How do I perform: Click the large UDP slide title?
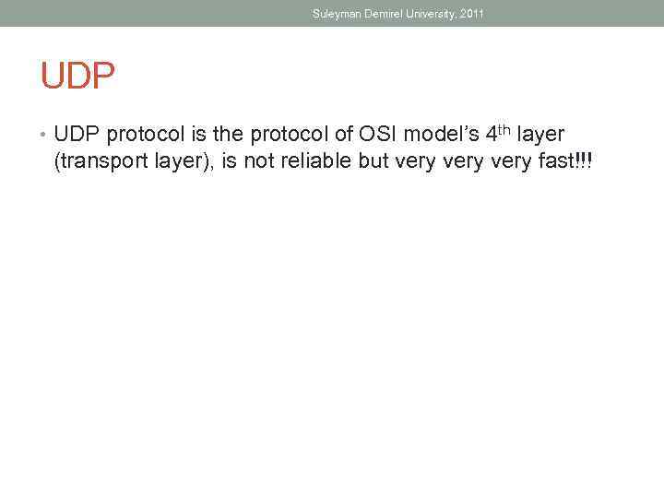(77, 76)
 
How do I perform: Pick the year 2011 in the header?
(470, 13)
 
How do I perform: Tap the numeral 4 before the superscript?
(492, 135)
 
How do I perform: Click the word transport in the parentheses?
(101, 163)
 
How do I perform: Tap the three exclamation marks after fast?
(583, 162)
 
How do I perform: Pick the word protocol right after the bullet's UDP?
(144, 136)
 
